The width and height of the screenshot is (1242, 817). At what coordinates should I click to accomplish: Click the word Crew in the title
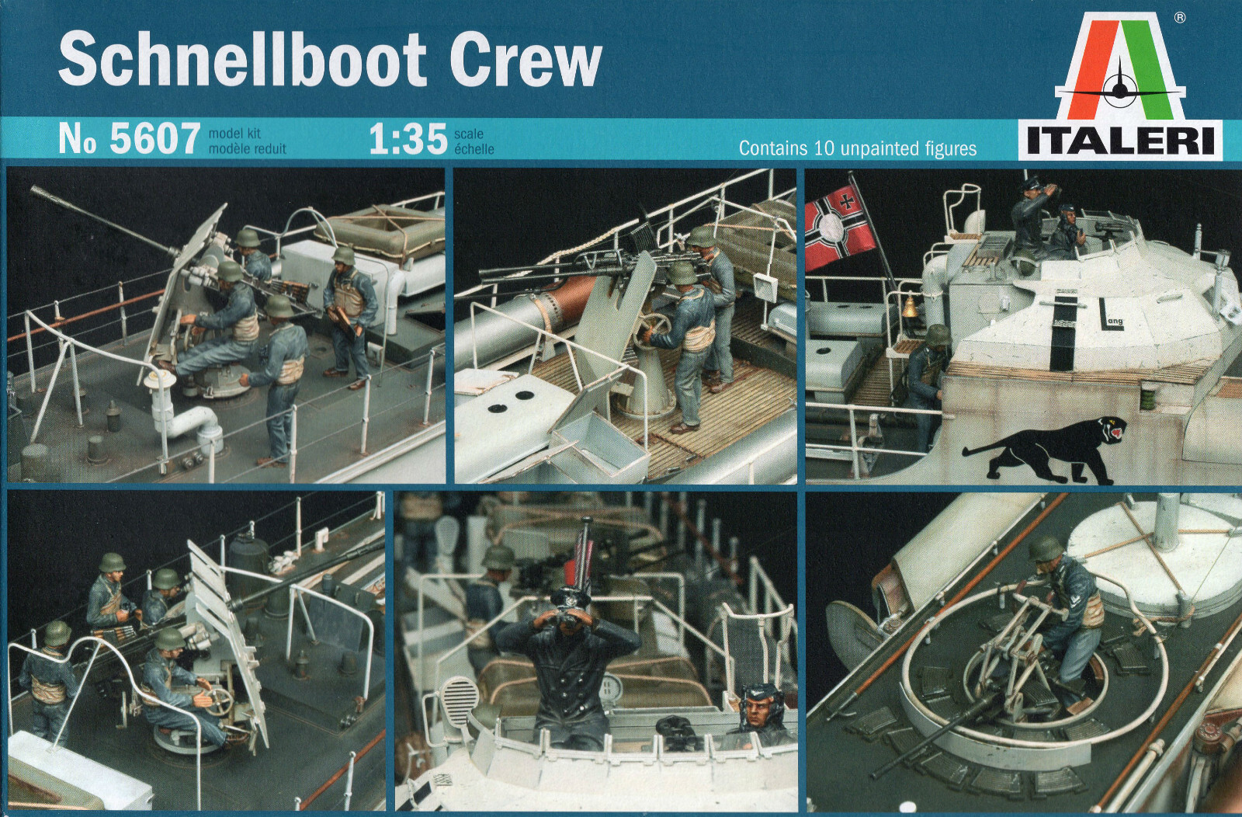click(x=526, y=60)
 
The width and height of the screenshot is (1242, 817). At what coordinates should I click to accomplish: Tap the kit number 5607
click(x=155, y=139)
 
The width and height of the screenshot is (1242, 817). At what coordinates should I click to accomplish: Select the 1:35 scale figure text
click(x=408, y=139)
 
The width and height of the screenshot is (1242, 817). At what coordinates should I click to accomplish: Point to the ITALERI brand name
click(x=1120, y=141)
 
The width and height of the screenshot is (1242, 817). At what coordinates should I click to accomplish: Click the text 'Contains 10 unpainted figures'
click(x=857, y=148)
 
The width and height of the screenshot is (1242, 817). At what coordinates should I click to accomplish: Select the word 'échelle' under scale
click(x=474, y=149)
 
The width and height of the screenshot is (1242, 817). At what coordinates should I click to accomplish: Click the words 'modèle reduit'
click(x=247, y=148)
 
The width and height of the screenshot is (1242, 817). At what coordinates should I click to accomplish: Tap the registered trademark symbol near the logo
click(x=1179, y=17)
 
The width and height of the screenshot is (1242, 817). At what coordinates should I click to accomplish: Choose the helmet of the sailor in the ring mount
click(x=1045, y=549)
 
